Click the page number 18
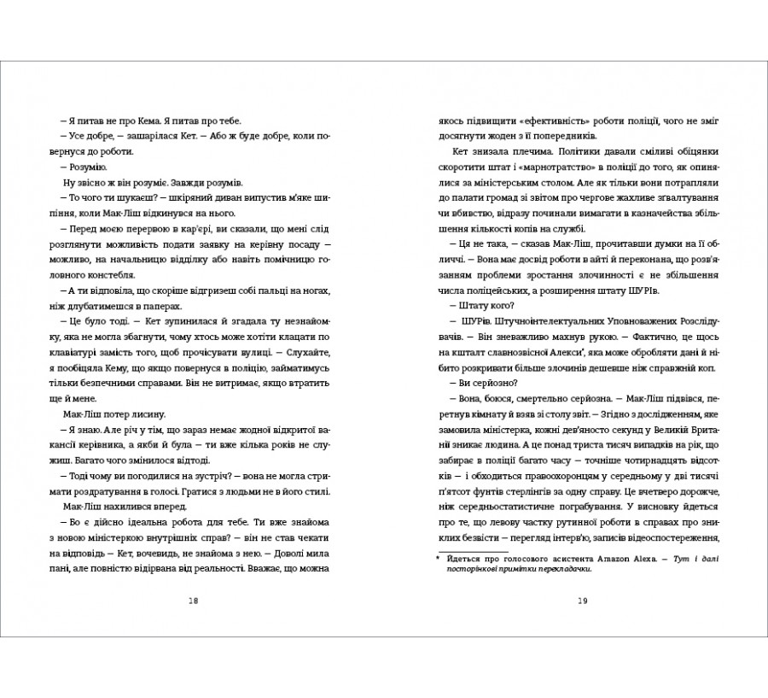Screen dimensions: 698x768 tap(192, 601)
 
